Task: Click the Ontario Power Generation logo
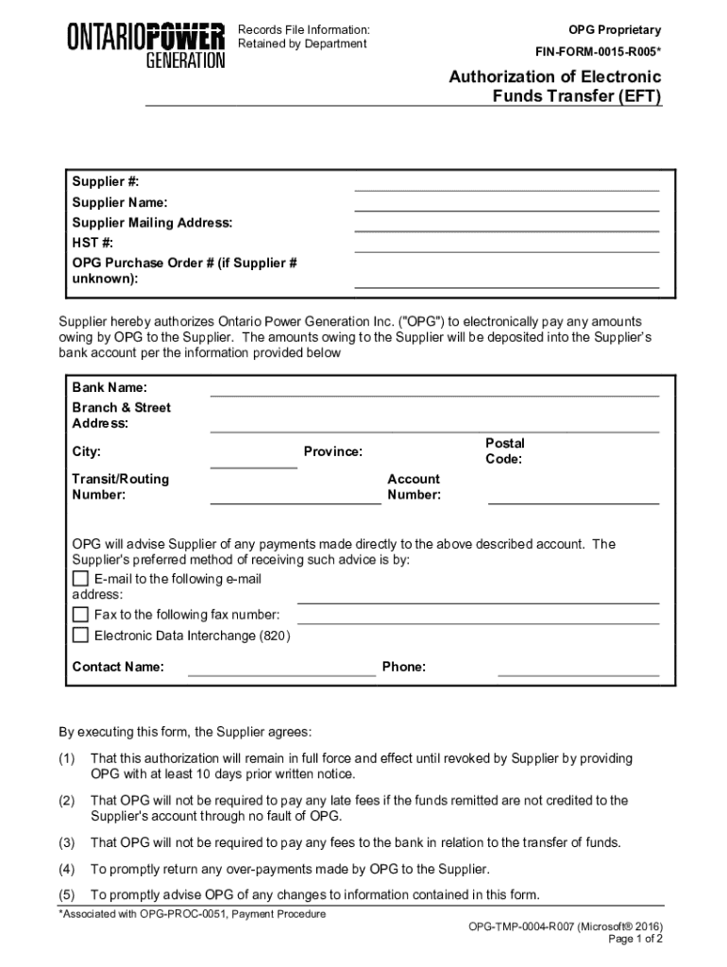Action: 145,44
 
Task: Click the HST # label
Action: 93,243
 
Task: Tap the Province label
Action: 332,452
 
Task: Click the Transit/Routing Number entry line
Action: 295,499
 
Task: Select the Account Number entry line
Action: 573,499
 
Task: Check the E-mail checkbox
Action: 81,579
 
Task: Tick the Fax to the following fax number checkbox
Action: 81,615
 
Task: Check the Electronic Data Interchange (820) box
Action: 81,636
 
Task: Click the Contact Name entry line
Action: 281,672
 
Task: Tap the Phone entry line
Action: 578,672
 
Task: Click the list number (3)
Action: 66,842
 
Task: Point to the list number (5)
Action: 66,895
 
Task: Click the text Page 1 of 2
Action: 635,940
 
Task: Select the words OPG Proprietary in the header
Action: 614,30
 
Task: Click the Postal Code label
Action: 504,451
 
